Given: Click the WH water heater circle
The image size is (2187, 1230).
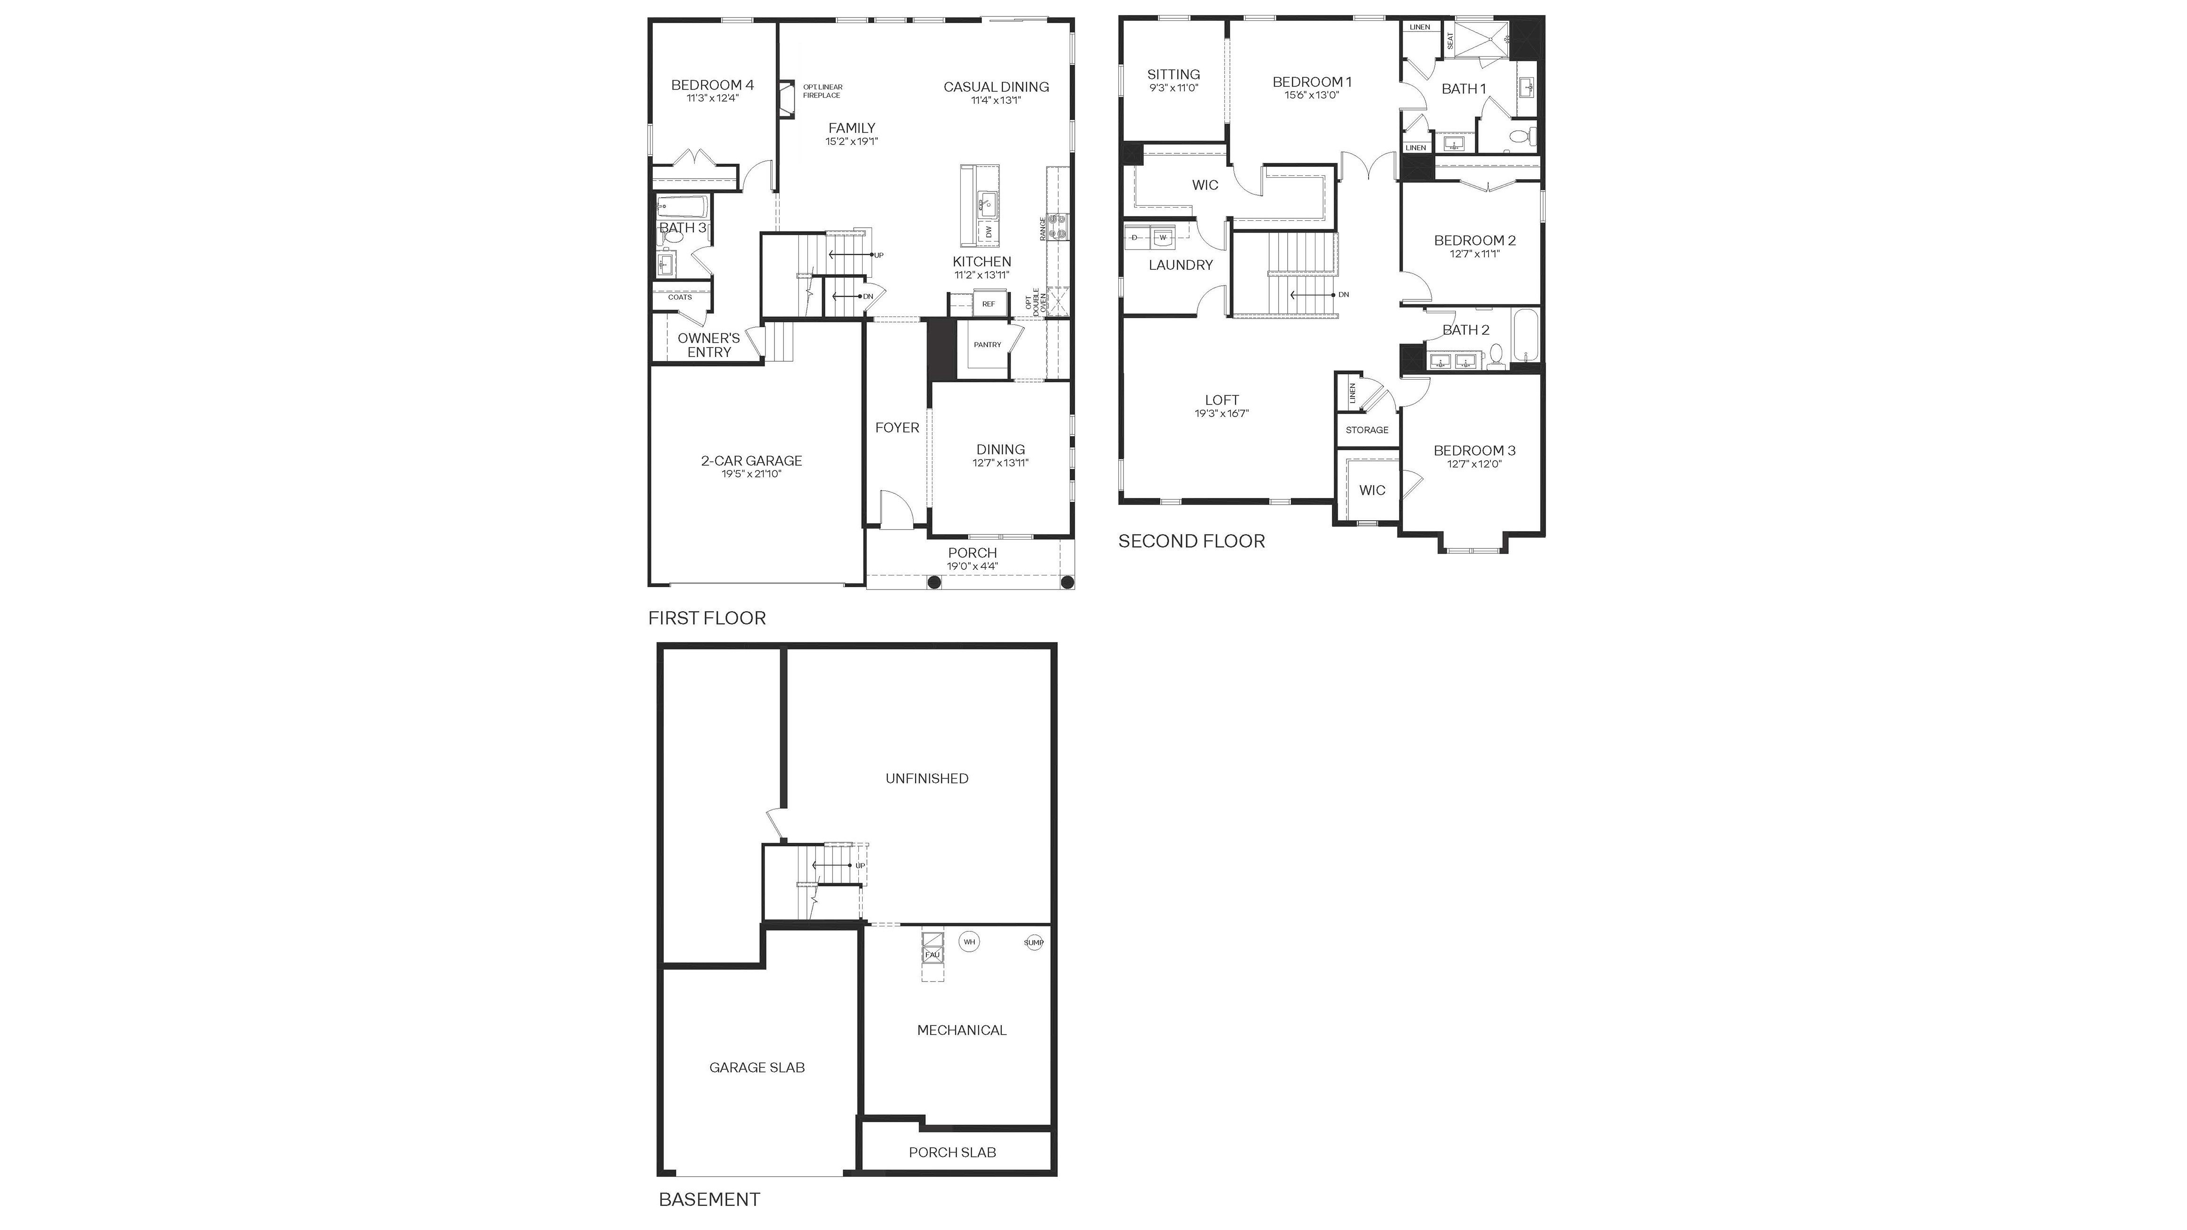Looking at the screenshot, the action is (969, 941).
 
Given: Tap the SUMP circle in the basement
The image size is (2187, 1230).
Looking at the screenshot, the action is (1033, 942).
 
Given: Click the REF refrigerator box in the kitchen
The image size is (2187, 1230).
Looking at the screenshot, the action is (988, 304).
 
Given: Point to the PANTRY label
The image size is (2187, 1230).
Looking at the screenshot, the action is (987, 345).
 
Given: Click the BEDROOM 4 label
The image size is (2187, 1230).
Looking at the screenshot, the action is (712, 85).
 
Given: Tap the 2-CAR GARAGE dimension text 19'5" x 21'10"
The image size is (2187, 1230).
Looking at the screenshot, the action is (751, 474).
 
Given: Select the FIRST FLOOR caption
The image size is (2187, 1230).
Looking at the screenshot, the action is (707, 618).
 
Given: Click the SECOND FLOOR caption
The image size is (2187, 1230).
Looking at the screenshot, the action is (1191, 541).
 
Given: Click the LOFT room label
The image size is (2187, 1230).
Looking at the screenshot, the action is (1222, 400).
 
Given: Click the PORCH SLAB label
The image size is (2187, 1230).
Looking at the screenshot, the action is (953, 1152).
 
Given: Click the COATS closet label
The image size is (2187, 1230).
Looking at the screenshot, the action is (680, 297).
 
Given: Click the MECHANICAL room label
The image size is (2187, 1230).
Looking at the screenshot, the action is (962, 1030).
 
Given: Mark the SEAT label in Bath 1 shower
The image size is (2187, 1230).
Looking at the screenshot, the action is (1450, 40).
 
